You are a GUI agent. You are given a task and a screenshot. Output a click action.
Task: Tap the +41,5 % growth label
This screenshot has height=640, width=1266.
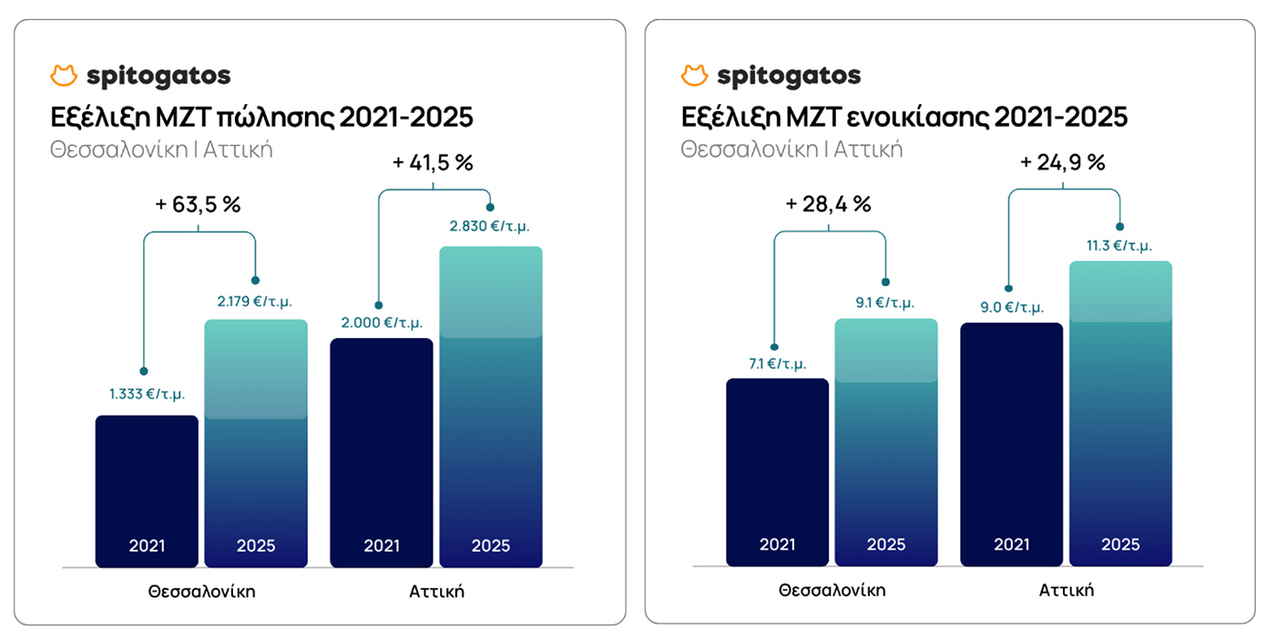coord(433,164)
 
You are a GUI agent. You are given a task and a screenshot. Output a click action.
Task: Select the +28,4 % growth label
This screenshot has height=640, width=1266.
coord(829,204)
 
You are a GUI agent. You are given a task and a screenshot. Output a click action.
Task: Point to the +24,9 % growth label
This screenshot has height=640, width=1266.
coord(1063,163)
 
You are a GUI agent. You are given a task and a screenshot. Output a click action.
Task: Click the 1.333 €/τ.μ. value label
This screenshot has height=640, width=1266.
coord(147,395)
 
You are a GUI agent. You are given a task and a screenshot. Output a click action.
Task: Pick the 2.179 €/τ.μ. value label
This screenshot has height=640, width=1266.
coord(255,301)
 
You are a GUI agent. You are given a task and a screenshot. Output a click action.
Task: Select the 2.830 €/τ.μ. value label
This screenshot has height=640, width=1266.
coord(490,227)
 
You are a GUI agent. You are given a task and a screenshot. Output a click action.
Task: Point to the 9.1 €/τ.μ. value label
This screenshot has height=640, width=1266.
coord(883,303)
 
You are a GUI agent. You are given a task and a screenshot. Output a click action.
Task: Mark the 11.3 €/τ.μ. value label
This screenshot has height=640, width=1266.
coord(1119,245)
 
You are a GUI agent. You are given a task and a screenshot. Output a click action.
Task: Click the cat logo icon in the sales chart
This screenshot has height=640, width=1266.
coord(64,76)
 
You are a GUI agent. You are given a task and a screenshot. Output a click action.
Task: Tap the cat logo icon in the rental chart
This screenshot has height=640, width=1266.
coord(694,76)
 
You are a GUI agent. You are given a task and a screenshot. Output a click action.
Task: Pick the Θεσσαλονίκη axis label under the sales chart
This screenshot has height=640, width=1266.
coord(201,591)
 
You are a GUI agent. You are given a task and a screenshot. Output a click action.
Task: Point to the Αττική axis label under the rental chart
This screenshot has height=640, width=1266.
coord(1066,590)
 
